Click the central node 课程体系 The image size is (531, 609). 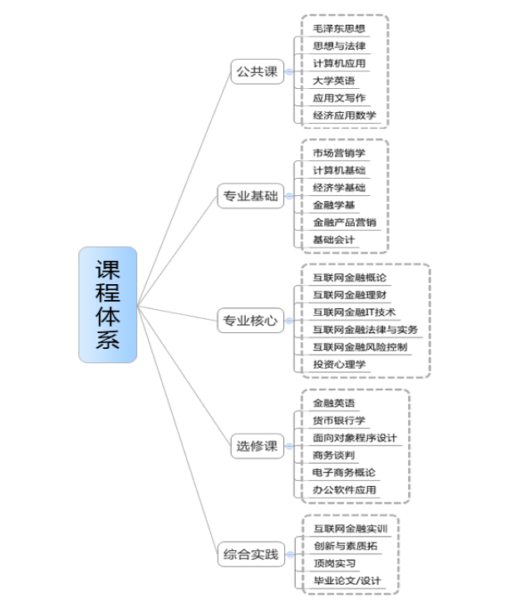pyautogui.click(x=107, y=304)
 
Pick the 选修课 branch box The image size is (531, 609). pyautogui.click(x=255, y=445)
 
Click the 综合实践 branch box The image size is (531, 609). pyautogui.click(x=248, y=553)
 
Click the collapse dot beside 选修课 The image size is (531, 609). pyautogui.click(x=290, y=445)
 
